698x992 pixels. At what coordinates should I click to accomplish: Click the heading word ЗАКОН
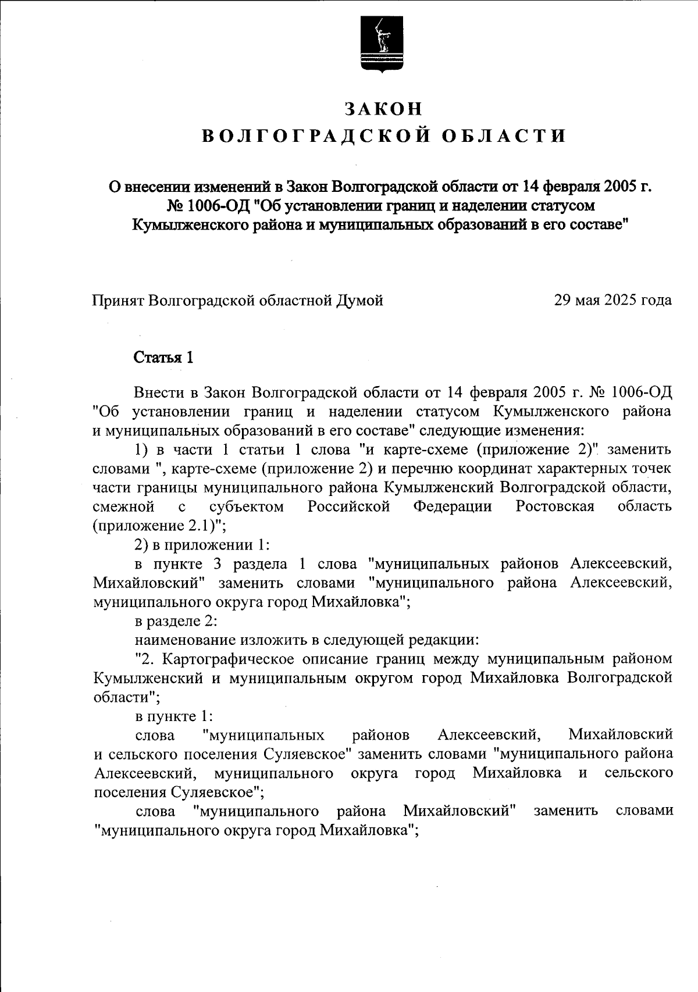[383, 109]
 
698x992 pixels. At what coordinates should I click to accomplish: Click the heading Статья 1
[163, 357]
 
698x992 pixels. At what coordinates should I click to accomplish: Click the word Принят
[118, 300]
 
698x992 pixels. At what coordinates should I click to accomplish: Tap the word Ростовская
[555, 506]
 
